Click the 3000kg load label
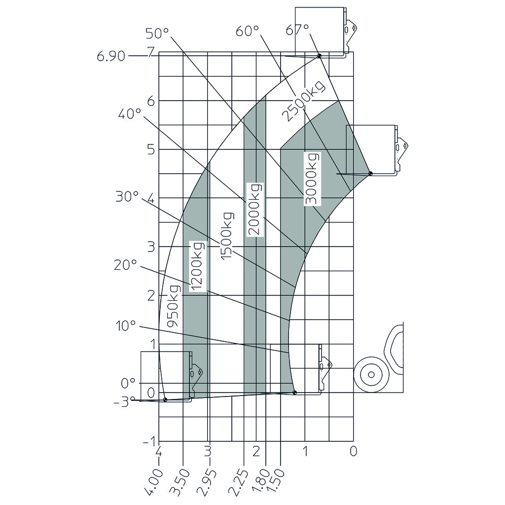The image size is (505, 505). [312, 179]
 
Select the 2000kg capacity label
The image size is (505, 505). [255, 210]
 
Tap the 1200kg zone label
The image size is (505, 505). [197, 266]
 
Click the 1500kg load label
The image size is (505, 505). [226, 236]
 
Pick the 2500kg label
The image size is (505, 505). [303, 101]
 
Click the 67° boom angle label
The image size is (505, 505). [297, 30]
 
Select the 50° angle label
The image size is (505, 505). [157, 33]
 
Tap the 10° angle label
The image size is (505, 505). [126, 326]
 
